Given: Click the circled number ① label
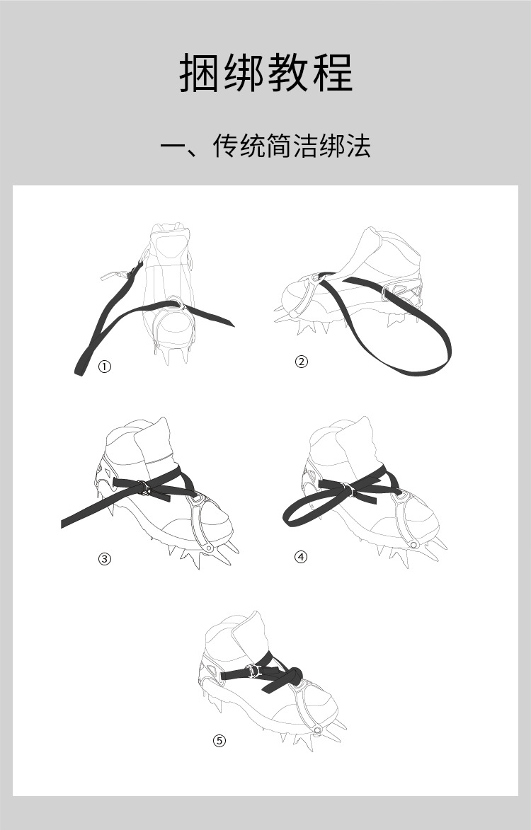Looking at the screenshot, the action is point(105,367).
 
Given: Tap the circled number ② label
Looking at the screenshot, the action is point(301,362).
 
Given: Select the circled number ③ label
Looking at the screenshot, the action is point(105,558).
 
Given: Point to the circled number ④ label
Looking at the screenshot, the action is point(300,556).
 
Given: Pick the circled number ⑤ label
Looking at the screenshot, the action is point(219,741).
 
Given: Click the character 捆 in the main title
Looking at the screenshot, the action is point(198,72).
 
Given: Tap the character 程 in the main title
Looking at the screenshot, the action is point(333,72).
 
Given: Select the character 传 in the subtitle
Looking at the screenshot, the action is point(226,146).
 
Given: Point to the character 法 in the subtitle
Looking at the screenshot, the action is point(358,146).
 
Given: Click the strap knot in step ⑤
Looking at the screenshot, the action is point(293,675).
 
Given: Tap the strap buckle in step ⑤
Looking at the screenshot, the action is point(254,672).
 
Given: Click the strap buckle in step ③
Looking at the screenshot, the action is point(144,488).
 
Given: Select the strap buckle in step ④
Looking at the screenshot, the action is point(347,490).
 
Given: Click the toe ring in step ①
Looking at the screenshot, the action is point(174,304).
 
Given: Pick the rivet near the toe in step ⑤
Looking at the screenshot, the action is point(317,730).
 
